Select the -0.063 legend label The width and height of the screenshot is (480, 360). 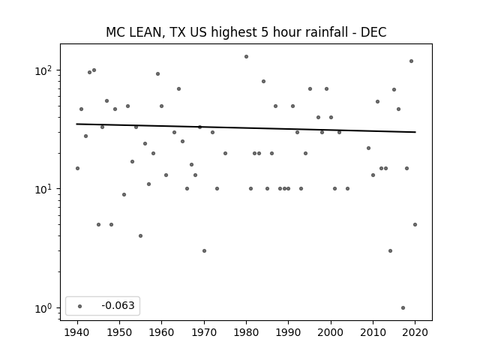pos(118,305)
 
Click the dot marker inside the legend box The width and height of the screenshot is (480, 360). pos(80,306)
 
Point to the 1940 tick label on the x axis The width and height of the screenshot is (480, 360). pos(77,332)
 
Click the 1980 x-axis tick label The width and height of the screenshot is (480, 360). pos(246,332)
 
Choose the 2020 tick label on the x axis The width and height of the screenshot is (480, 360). pos(415,332)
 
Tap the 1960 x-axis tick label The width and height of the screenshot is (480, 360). pos(162,332)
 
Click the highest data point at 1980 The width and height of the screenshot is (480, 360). pos(247,57)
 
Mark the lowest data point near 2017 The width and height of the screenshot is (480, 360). pos(403,308)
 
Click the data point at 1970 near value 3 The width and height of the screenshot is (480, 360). pos(204,251)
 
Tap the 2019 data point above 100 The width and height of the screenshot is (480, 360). pos(412,61)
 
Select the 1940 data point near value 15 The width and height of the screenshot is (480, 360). pos(77,168)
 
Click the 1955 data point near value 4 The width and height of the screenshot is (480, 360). pos(140,236)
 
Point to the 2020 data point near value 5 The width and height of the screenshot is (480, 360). pos(415,225)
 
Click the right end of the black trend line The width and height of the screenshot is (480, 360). pos(415,132)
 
